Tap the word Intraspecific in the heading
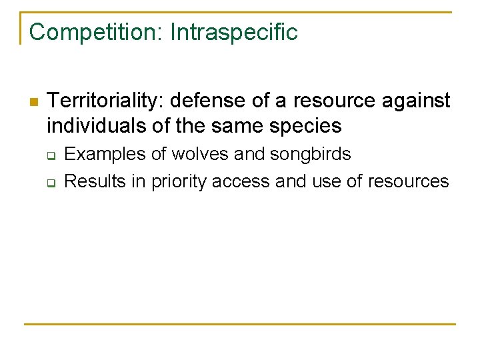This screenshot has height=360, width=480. (234, 32)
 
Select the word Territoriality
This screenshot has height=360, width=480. (106, 101)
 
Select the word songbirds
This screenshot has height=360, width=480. (311, 154)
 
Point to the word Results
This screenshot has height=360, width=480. (97, 181)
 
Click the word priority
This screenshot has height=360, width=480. (179, 181)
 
